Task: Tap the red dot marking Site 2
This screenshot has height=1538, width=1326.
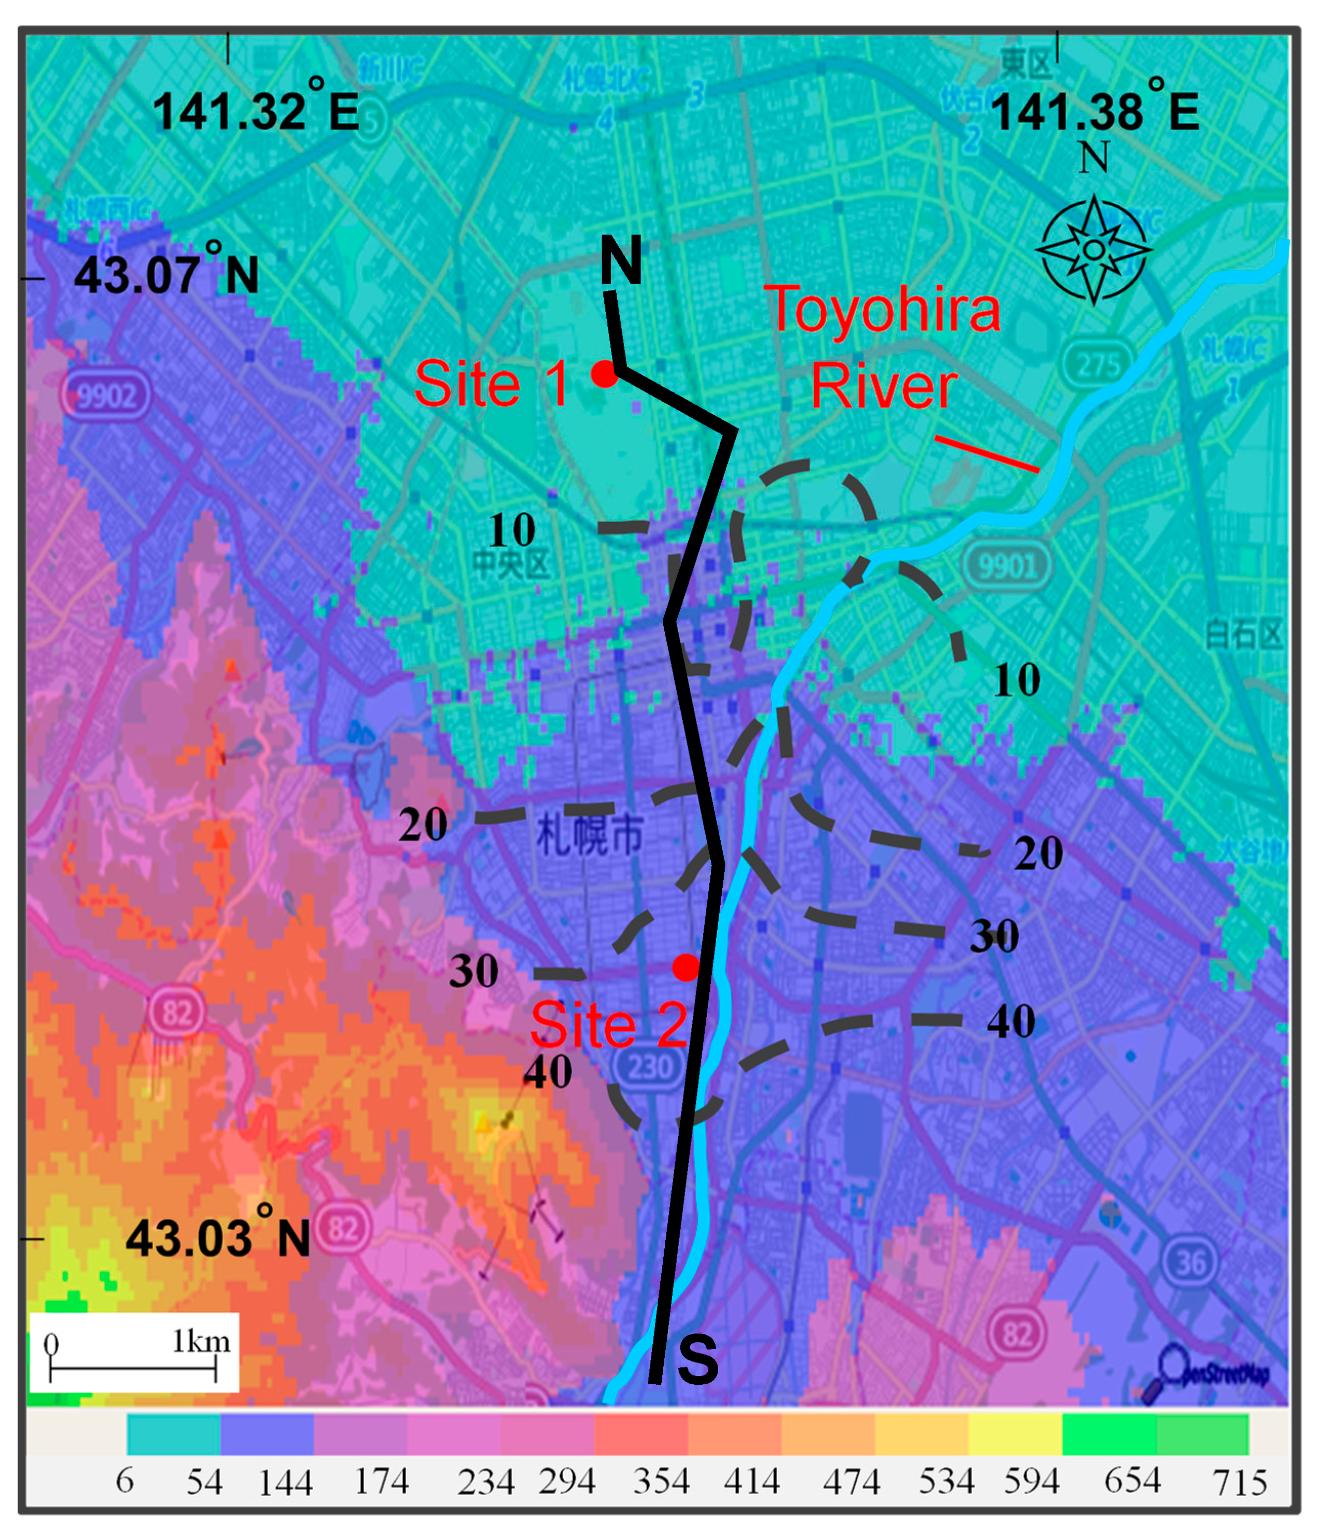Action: (x=686, y=967)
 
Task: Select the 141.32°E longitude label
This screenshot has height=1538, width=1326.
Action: (x=256, y=112)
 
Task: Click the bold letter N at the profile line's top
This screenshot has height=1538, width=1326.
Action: (x=620, y=260)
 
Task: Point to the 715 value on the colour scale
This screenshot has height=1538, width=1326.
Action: (x=1239, y=1483)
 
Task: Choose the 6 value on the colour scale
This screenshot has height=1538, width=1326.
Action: (x=125, y=1481)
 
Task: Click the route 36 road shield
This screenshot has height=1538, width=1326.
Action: (x=1190, y=1262)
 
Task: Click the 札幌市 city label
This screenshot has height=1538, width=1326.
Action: (x=590, y=834)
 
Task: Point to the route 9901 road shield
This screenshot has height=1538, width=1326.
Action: (x=1007, y=566)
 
